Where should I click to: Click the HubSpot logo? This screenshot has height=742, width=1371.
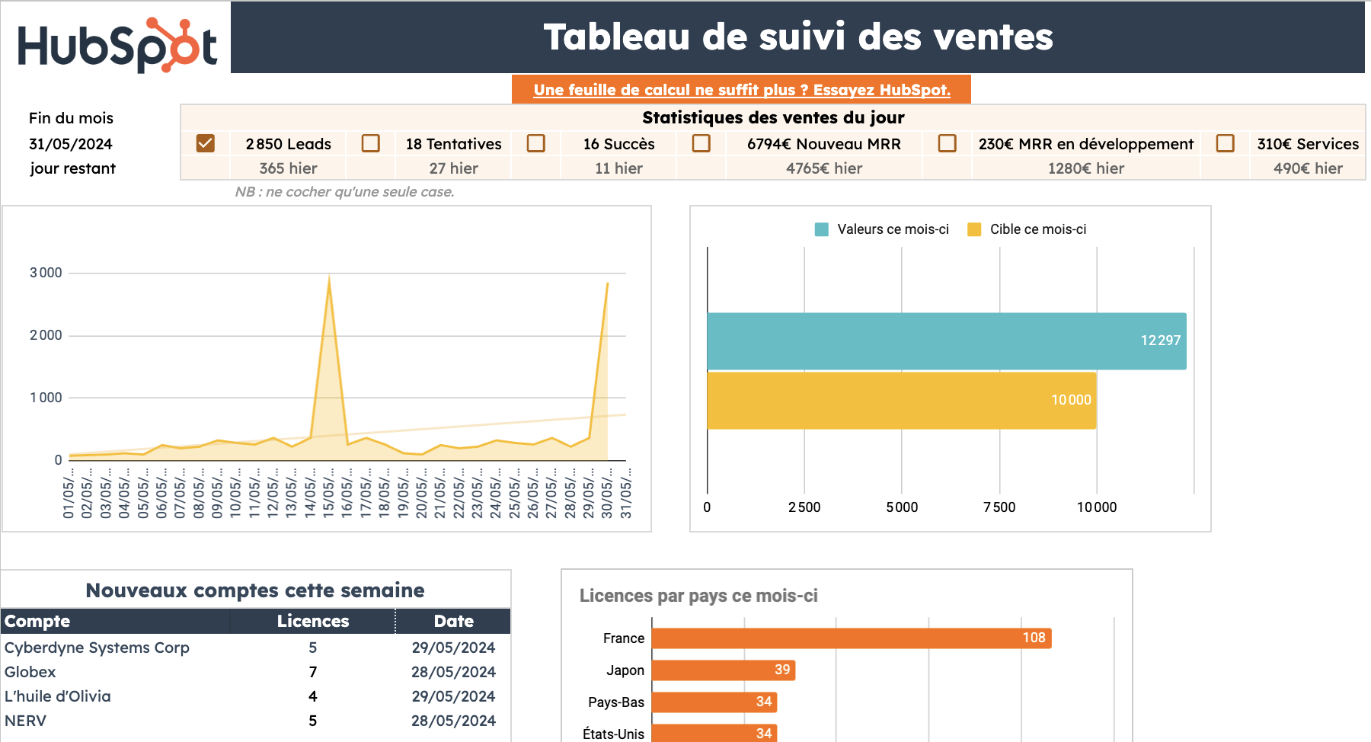117,45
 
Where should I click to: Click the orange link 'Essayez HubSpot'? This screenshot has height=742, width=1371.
741,90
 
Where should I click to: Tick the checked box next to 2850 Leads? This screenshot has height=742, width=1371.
205,143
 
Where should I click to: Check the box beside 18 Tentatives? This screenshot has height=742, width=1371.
371,143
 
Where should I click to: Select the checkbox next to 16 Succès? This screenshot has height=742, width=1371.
536,143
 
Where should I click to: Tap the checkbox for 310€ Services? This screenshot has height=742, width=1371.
1225,143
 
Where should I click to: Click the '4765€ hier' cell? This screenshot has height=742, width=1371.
823,168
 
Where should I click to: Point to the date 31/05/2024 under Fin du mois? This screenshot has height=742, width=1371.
71,144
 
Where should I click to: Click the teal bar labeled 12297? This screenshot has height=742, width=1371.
946,341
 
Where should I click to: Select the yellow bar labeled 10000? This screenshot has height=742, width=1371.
901,400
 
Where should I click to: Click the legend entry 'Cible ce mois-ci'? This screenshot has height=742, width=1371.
1037,229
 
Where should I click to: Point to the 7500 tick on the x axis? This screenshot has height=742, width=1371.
999,507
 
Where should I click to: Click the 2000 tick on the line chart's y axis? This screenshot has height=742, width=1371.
46,335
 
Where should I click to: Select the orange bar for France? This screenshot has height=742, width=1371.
851,638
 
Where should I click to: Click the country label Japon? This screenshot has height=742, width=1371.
625,670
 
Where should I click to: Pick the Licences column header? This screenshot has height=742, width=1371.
312,621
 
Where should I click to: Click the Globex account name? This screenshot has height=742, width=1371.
30,672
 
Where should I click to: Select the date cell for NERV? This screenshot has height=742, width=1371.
453,721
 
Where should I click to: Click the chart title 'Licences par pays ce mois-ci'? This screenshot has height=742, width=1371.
698,596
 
